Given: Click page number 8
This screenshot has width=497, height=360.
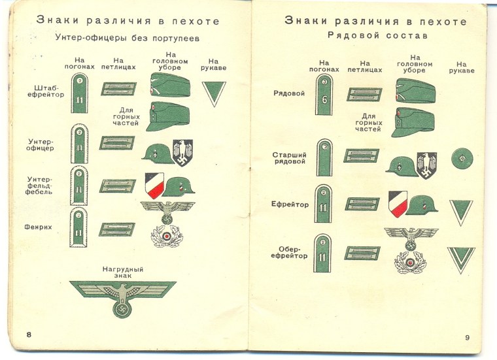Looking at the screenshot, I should pos(29,335).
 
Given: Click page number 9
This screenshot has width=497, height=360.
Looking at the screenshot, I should pos(467,337).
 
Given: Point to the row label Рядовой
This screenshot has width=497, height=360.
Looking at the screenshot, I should pos(289,93).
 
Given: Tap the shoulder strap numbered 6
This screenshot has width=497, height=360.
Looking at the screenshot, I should pos(325,95).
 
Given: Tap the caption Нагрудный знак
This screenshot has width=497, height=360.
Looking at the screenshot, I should pos(123,272).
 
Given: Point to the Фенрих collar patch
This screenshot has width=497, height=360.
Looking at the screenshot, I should pos(117,229).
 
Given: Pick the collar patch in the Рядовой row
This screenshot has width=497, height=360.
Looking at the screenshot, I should pos(364,94).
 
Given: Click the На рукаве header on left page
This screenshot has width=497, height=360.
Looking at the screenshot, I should pos(213,63).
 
